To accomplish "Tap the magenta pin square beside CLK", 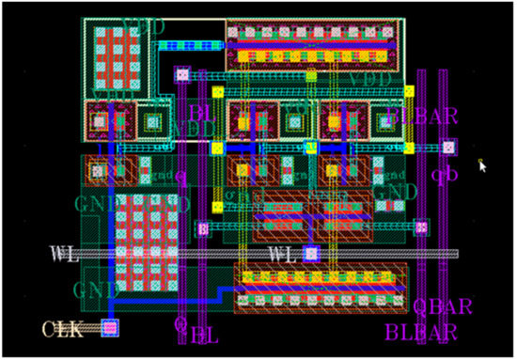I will click(110, 327).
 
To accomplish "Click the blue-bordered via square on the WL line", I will click(311, 253).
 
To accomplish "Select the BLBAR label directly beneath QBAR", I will click(420, 331).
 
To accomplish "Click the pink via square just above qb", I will click(449, 147).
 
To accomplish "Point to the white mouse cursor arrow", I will click(483, 165).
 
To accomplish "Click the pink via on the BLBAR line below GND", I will click(421, 227).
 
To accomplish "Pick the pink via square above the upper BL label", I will click(182, 73).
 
